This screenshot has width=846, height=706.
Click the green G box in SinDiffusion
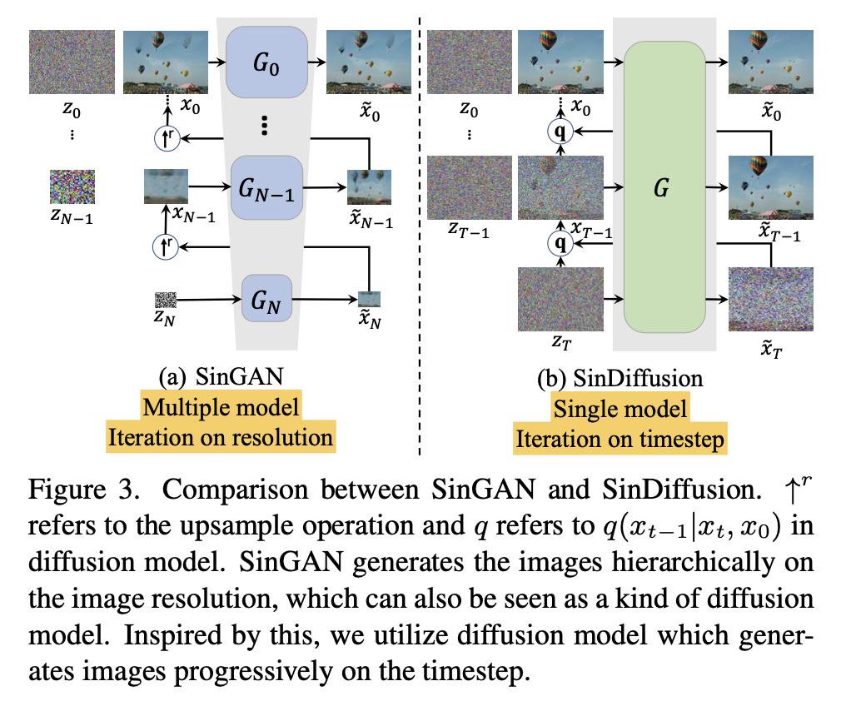point(664,187)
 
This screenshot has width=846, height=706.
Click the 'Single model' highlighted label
point(620,408)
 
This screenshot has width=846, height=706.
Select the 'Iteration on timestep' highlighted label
point(620,438)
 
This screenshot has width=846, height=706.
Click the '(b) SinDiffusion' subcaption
point(620,380)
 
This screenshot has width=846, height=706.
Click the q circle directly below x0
point(560,131)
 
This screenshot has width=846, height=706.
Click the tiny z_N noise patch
point(166,300)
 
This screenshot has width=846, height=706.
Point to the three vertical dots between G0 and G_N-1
point(264,126)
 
